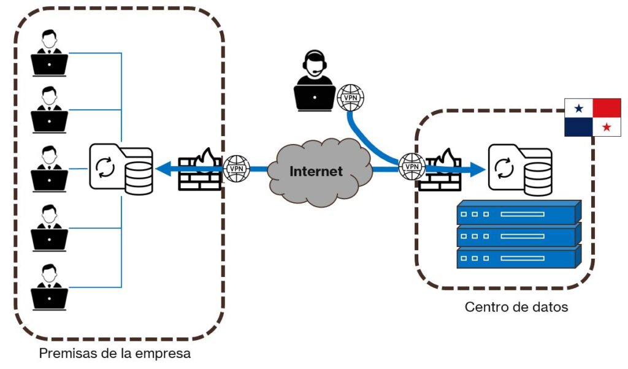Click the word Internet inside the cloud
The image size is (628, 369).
coord(316,171)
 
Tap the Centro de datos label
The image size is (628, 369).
coord(516,307)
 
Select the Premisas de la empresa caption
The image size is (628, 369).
coord(115,354)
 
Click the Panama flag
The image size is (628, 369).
coord(592,116)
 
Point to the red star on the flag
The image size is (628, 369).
coord(607,127)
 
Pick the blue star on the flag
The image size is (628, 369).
coord(578,108)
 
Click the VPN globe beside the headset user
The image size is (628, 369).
coord(350,97)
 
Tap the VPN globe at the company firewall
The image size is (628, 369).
coord(237,168)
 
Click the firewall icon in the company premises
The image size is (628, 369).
coord(199,173)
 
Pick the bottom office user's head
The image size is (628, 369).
coord(49,271)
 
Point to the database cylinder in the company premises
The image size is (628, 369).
coord(138,178)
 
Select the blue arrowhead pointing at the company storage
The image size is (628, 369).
coord(163,169)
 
